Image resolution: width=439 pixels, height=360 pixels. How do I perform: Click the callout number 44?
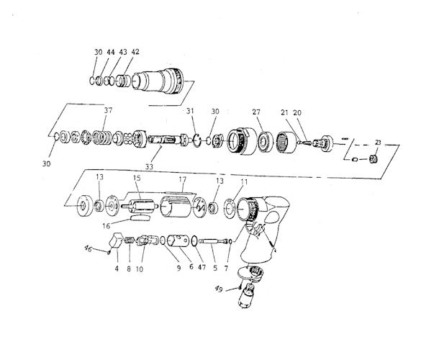111,53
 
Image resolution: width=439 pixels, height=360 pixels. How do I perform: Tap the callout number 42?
135,53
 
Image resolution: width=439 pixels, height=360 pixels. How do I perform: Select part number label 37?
109,111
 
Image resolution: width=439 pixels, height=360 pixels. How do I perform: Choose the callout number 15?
136,178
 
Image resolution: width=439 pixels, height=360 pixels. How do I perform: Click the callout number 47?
199,268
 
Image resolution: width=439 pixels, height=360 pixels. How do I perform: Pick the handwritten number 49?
219,289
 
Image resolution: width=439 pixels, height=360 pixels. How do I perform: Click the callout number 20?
317,112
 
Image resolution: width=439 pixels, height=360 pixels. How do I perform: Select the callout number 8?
130,269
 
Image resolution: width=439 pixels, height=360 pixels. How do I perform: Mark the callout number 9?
177,268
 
